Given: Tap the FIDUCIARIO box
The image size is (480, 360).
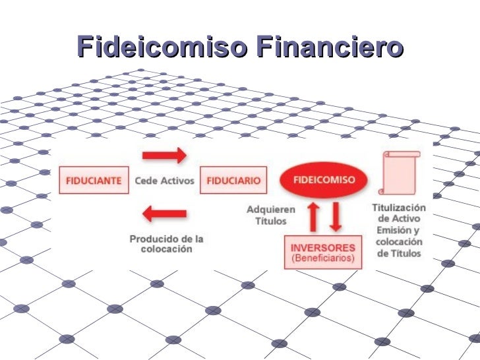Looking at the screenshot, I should (233, 180).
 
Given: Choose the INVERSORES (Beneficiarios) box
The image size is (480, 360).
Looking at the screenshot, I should (322, 252).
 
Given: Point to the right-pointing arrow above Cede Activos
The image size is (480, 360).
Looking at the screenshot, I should (164, 156).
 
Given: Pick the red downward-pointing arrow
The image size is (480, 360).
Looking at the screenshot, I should (336, 216).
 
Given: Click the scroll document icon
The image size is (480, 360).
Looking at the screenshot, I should (400, 174).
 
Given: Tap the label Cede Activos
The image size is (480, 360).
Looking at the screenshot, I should (164, 180).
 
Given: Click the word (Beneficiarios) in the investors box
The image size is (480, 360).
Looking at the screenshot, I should (322, 258).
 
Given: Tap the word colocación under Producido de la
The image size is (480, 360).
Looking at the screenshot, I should (166, 250).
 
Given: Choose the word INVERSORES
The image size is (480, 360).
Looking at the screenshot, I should (322, 247).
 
